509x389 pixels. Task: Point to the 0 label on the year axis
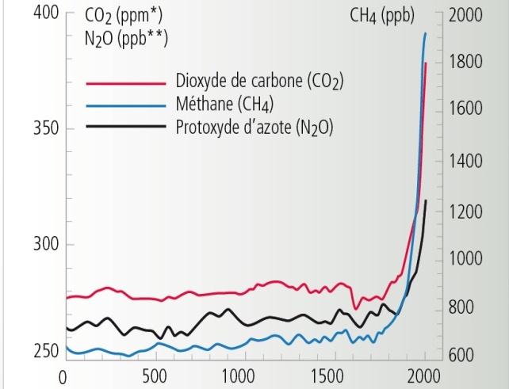point(61,376)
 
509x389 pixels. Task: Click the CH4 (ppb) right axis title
point(382,16)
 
